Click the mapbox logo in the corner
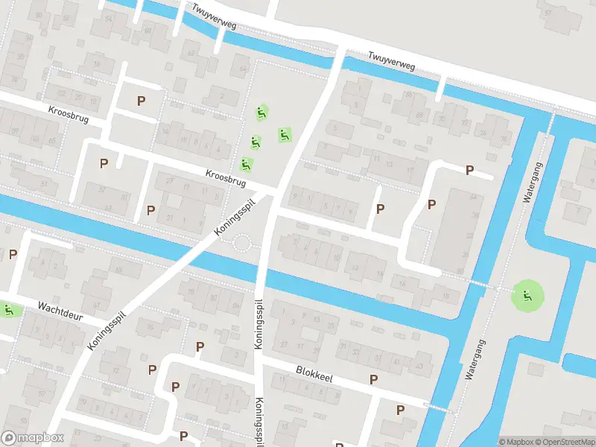(x=33, y=438)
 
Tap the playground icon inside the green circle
(x=527, y=297)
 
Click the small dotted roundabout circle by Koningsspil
(x=243, y=243)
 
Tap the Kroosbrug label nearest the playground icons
(x=226, y=178)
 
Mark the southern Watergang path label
(x=472, y=359)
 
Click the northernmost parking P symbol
(x=141, y=100)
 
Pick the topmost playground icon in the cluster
(x=261, y=112)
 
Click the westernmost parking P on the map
(x=13, y=254)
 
